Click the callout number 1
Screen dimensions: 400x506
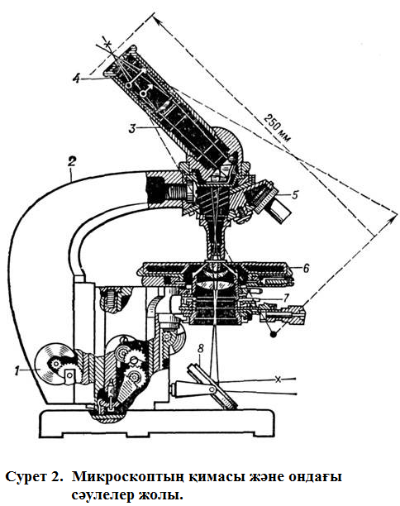click(17, 370)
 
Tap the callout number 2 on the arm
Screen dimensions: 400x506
click(72, 161)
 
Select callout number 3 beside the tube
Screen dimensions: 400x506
click(132, 128)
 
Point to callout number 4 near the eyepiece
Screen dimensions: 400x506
click(76, 78)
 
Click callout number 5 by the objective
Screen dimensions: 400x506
click(294, 194)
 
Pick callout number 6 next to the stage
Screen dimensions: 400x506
click(306, 268)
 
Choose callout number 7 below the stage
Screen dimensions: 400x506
click(286, 297)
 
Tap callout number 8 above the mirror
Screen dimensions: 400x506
click(201, 349)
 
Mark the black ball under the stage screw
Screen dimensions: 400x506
click(274, 334)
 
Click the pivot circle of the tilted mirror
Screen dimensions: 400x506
click(212, 389)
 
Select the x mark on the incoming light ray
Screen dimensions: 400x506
click(278, 379)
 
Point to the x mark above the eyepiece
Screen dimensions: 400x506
click(109, 42)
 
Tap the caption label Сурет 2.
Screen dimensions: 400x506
click(34, 476)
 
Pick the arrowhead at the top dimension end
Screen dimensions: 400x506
click(157, 19)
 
